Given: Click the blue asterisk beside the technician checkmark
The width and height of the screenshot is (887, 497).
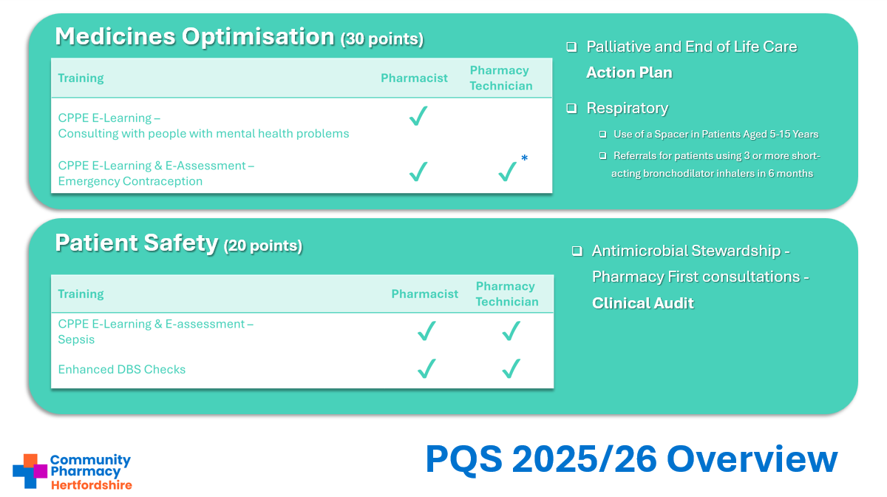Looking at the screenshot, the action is pos(524,158).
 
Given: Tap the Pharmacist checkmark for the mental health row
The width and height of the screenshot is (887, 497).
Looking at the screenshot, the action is pos(418,115).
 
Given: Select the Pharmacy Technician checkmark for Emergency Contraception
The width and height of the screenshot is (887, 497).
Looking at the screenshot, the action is pos(507,172).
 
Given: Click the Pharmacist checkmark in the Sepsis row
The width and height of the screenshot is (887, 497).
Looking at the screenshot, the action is pos(426,331).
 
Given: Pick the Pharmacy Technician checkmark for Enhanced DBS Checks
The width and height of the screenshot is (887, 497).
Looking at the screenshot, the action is pos(512,368).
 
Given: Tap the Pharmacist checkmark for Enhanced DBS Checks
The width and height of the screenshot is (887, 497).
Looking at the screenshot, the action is pos(426,368).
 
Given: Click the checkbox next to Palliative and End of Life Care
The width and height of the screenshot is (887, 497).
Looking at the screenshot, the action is pos(571,47).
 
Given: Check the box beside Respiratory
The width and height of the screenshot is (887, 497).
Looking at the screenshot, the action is pos(571,108).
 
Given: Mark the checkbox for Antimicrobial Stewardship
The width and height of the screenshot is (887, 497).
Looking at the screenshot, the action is pos(577,251).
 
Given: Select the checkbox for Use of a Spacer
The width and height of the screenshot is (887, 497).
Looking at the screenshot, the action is pos(602,135).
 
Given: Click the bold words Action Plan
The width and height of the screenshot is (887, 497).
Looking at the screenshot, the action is pos(629,72).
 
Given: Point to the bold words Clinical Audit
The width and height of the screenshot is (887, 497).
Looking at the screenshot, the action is pos(642,303).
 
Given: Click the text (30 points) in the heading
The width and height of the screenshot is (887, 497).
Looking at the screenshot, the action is pos(382,39).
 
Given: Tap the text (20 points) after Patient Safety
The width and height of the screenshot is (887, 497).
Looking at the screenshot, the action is pos(263,246).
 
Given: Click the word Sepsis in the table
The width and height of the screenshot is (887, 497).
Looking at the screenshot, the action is pos(76,339).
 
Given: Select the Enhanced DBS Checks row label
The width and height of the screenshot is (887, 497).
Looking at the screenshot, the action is pos(121,369).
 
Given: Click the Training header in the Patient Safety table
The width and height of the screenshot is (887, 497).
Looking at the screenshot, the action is pos(81,294).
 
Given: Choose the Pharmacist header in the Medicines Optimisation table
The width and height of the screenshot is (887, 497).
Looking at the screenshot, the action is pos(414,78).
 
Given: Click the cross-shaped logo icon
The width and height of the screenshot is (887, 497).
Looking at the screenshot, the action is pos(30,471).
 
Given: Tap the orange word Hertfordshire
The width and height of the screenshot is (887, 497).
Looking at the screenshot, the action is pos(92,485).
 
